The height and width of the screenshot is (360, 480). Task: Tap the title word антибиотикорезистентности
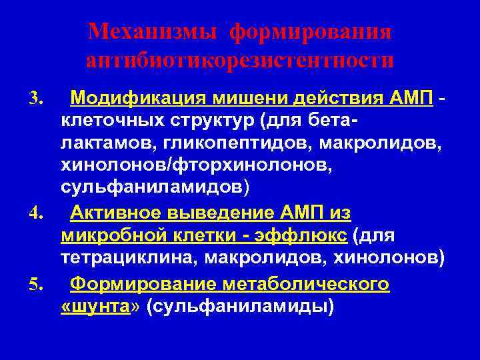pyautogui.click(x=240, y=61)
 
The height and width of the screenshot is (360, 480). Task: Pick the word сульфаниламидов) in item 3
pyautogui.click(x=155, y=186)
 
